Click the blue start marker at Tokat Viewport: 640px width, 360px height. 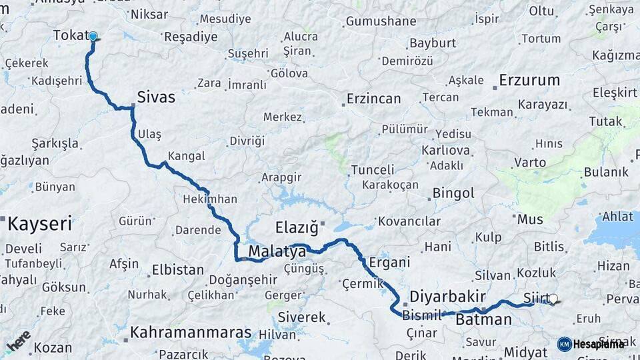pos(93,37)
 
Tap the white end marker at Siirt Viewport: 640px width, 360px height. pos(553,299)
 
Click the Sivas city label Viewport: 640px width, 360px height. pos(156,97)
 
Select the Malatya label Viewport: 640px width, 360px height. pos(277,251)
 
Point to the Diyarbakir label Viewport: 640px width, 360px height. pos(447,296)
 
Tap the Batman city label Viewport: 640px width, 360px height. pos(483,319)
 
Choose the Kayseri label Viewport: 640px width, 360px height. pos(39,223)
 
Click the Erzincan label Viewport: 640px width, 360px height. pos(373,99)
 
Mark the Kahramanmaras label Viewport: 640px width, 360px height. pos(191,332)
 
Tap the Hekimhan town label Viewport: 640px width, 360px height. pos(210,199)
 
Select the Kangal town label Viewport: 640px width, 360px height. pos(186,156)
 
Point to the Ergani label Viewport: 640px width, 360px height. pos(389,262)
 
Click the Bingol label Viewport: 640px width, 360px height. pos(453,193)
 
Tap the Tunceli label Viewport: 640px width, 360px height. pos(373,169)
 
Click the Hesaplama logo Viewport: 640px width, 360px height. pos(591,344)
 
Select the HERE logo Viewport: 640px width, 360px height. pos(18,340)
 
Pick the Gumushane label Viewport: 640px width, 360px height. pos(381,21)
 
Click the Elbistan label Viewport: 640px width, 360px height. pos(178,270)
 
